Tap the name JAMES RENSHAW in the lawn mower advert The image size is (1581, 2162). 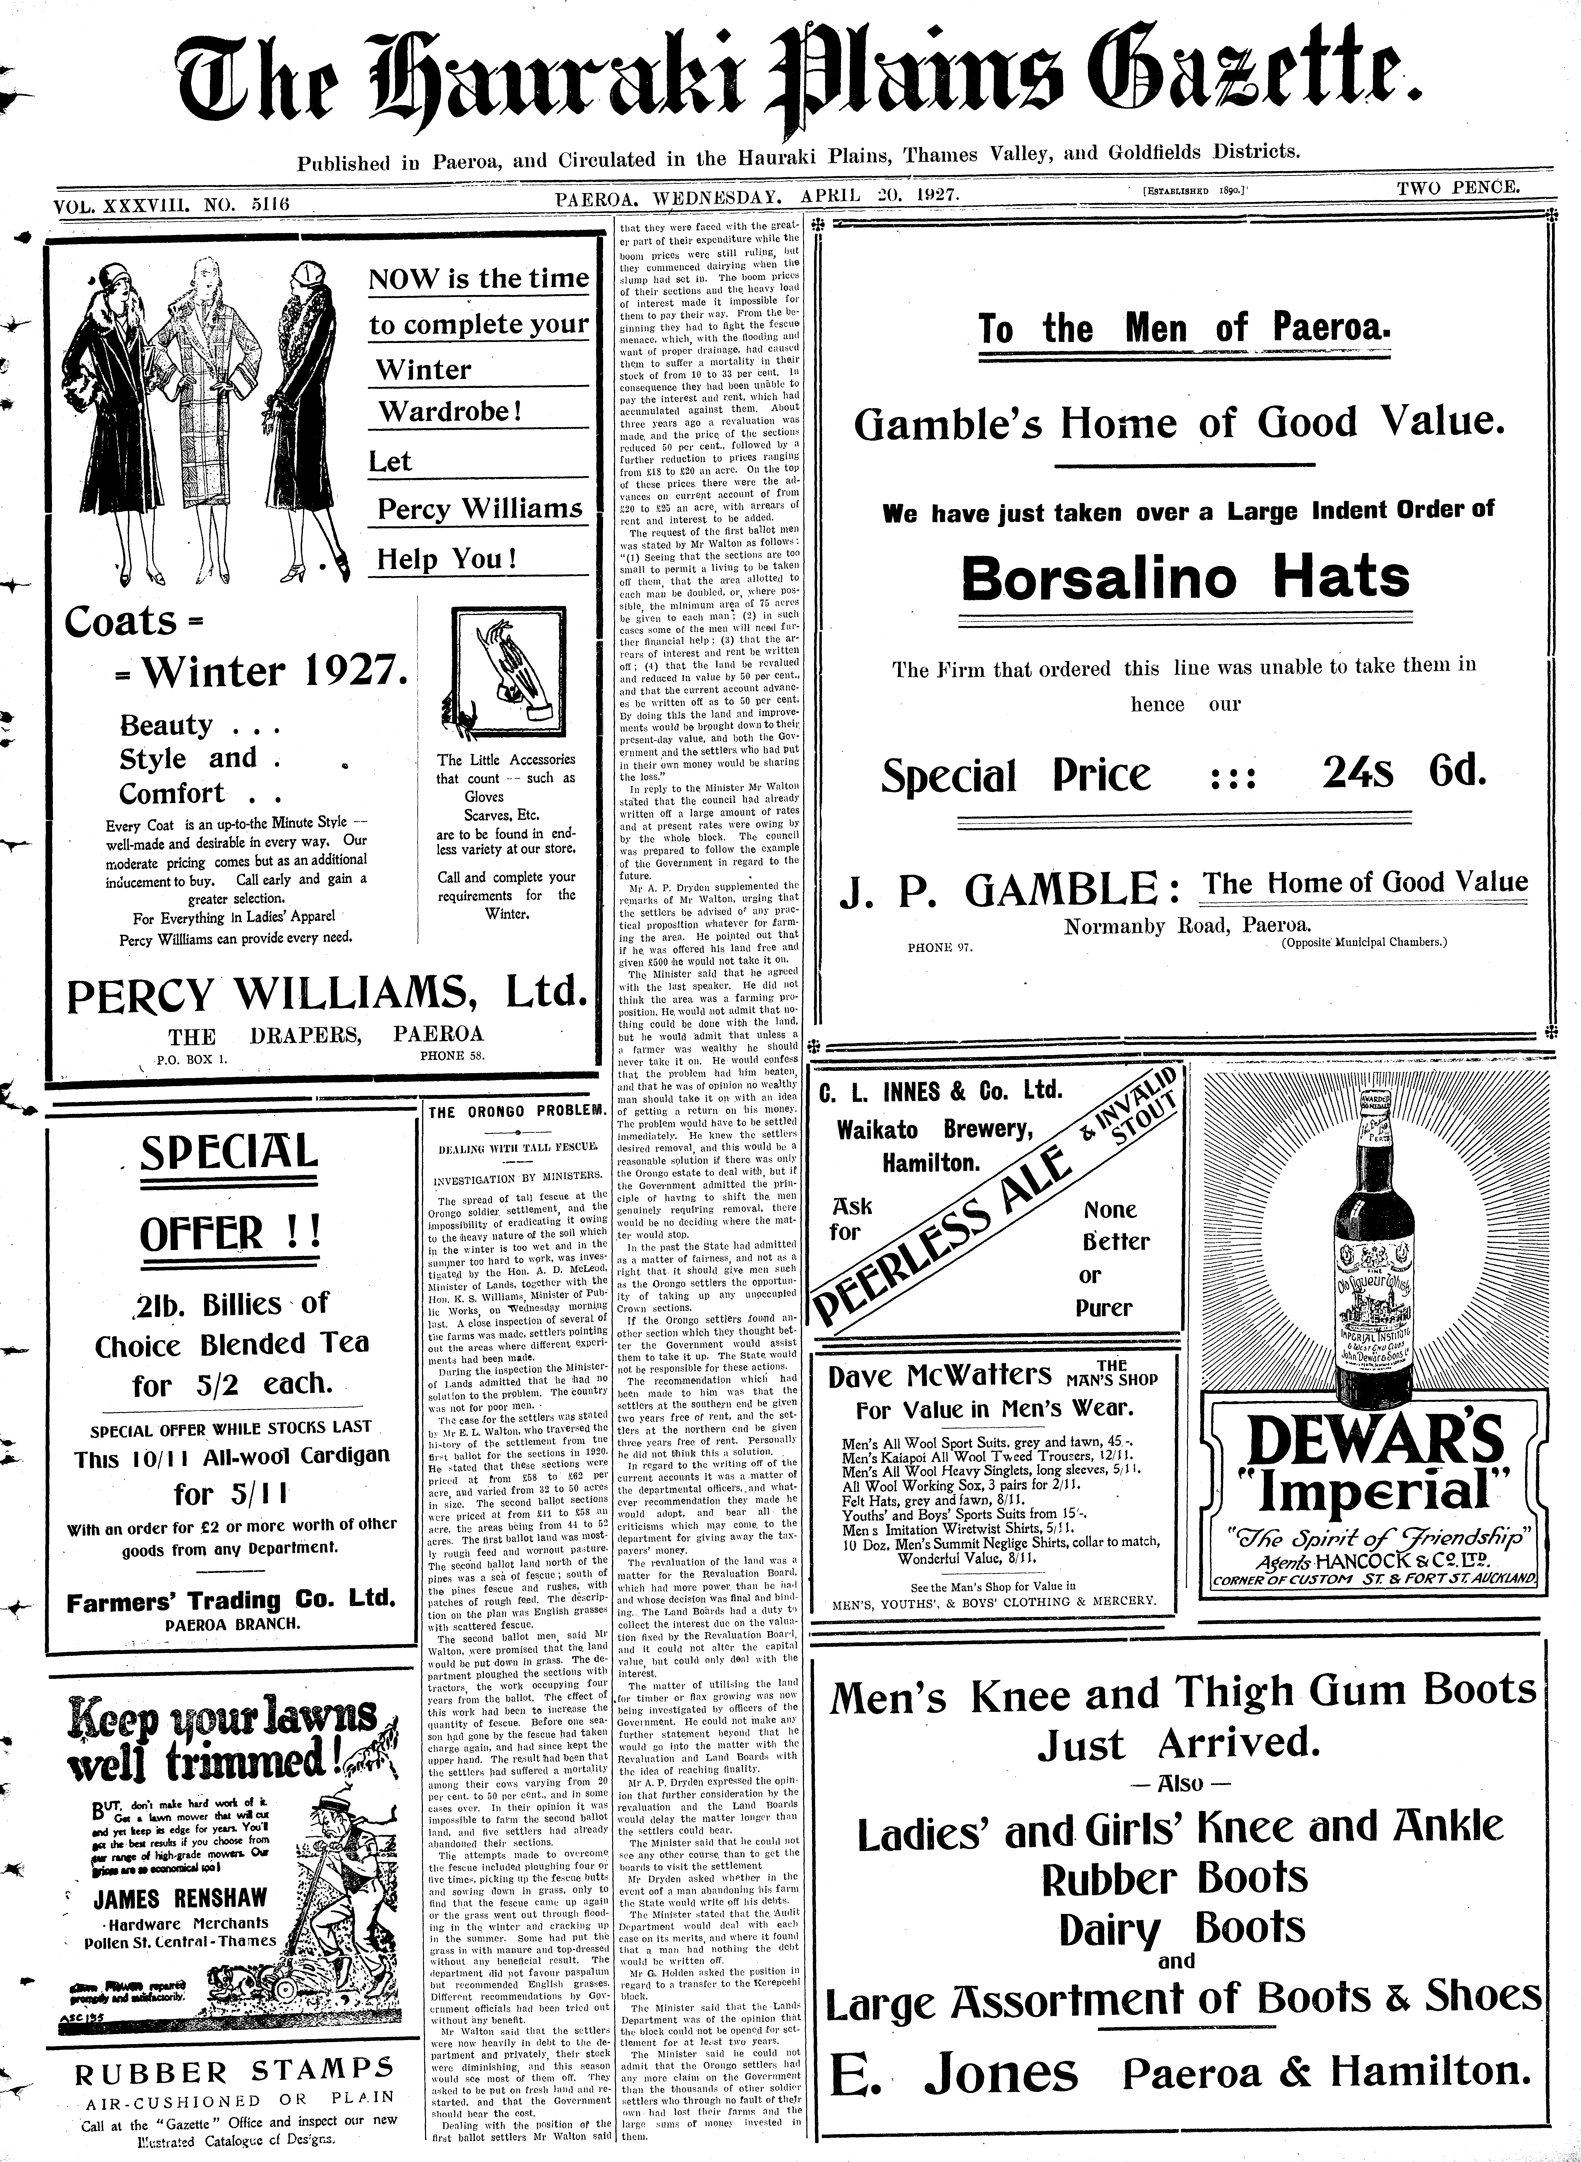coord(181,1898)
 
